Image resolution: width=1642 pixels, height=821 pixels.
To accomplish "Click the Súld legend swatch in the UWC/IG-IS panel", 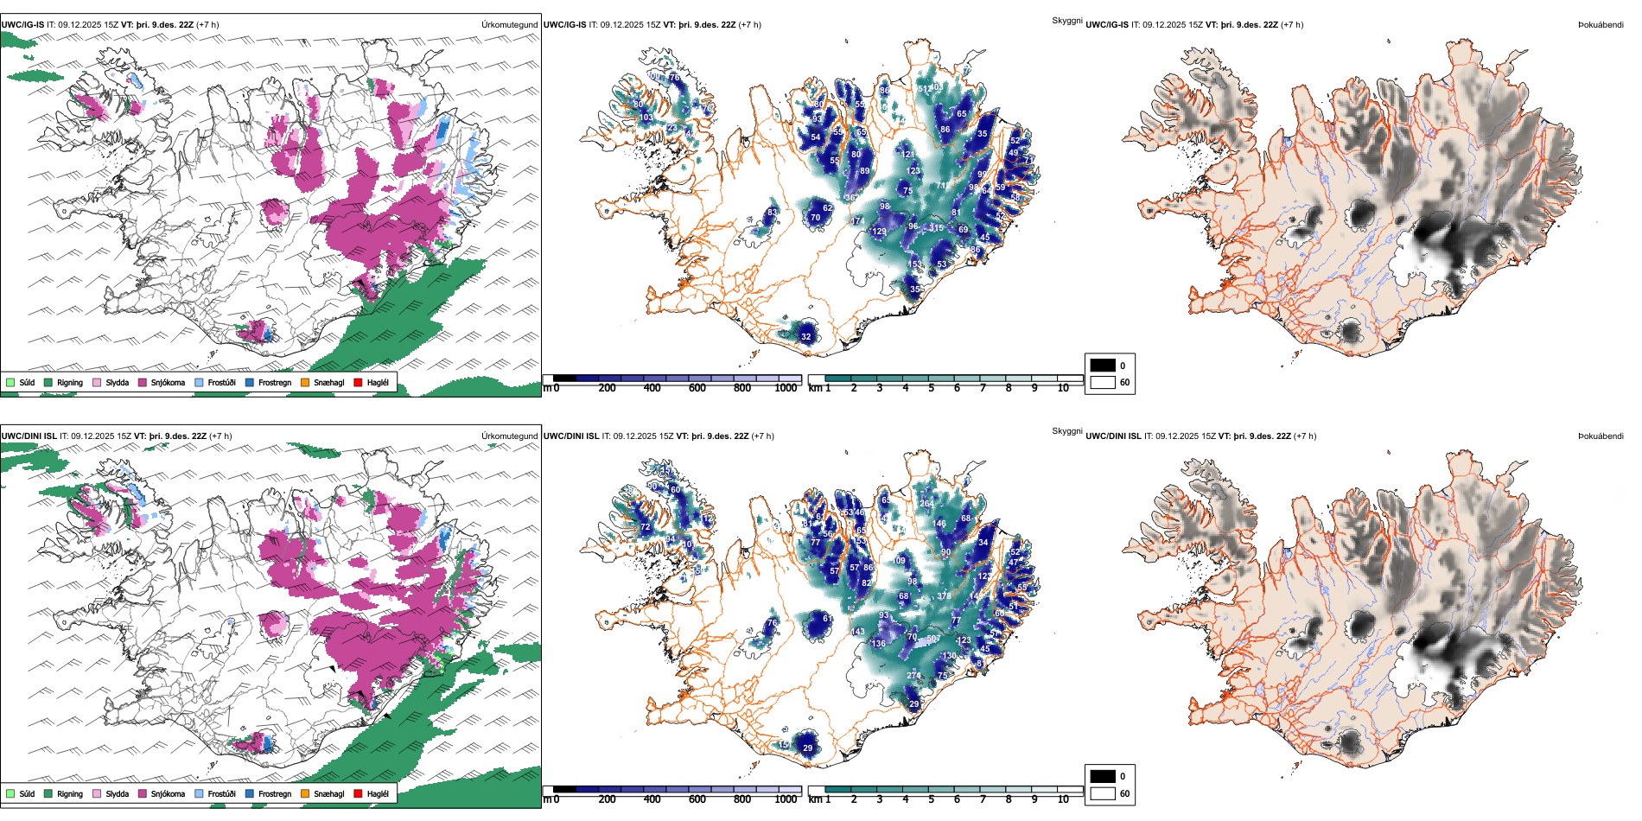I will (10, 382).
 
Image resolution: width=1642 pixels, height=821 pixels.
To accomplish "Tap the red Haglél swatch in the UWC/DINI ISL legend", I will (358, 793).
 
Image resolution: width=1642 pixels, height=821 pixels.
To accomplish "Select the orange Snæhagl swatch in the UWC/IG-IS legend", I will (305, 382).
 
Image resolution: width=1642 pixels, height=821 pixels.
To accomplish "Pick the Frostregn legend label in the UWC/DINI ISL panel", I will (274, 793).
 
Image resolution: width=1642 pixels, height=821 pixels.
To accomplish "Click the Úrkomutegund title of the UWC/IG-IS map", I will (509, 24).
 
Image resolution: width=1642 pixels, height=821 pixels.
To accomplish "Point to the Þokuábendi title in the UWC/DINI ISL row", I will (1601, 436).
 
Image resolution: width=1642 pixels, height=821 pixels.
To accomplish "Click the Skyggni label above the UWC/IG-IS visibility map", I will (1066, 20).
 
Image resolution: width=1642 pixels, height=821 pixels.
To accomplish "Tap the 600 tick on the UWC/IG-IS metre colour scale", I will (697, 388).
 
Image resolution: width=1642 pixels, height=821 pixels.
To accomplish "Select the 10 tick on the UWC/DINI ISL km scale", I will (1063, 799).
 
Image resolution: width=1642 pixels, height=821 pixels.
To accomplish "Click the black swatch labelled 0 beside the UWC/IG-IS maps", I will (1103, 366).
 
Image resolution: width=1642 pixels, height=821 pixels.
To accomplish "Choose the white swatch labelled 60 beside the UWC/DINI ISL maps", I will (1103, 793).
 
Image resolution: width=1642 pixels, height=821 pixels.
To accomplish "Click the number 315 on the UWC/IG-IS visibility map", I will (937, 228).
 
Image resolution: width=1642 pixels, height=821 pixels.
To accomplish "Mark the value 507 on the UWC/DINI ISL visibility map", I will (933, 639).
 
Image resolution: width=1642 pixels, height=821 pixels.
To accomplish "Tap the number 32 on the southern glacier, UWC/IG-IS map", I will (806, 337).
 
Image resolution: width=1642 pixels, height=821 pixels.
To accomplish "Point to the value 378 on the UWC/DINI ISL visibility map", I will (944, 596).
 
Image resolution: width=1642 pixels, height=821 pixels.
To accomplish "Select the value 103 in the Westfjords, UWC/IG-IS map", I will (646, 118).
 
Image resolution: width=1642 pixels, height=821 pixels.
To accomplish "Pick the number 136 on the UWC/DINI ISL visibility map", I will (879, 644).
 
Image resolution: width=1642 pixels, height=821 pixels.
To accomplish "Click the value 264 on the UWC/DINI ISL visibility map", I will (926, 503).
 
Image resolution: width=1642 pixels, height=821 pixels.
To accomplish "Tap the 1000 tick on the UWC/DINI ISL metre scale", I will (786, 799).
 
